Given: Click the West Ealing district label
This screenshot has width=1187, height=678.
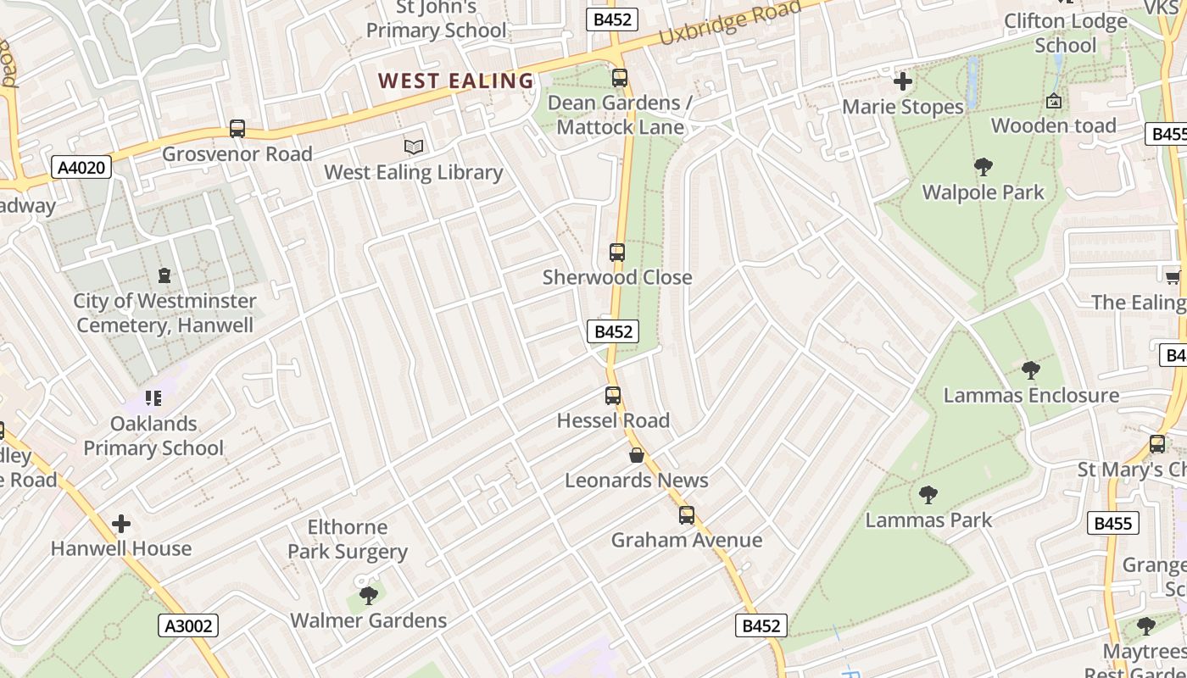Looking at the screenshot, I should point(455,81).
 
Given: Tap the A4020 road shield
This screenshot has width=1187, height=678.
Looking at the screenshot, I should point(81,168).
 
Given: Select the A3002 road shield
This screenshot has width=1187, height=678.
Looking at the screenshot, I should point(188,626).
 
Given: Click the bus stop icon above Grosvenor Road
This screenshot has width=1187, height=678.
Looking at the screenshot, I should point(237,130).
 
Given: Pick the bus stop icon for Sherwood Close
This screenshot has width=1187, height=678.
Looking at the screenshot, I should point(617,253).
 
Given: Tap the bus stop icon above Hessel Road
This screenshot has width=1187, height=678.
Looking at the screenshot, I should point(613,396).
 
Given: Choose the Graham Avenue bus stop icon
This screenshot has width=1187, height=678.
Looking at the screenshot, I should point(687,515).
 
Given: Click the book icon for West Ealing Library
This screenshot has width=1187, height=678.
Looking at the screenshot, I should point(414,147).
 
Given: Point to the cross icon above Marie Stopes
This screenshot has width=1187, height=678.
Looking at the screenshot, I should point(903,82).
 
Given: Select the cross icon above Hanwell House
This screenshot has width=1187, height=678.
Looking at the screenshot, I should point(121,524).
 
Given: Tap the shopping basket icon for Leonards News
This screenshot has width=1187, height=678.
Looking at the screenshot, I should point(637,456).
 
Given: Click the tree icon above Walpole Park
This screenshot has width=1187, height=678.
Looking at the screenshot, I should point(984,167).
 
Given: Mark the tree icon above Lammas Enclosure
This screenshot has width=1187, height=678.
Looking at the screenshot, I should point(1031,370).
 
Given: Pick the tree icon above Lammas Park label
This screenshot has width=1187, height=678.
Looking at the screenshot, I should point(928,495).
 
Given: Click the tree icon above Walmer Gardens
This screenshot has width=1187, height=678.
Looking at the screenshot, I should point(369,595).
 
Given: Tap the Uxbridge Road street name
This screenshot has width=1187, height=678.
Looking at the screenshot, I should point(729,25).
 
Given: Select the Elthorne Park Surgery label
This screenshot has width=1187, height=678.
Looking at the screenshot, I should point(348,539).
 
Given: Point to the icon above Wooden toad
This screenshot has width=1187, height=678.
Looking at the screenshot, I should point(1054,101).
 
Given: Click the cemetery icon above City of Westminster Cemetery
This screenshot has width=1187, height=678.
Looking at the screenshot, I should point(164,275).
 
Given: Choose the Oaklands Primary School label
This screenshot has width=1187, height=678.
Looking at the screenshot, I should point(153,436).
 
